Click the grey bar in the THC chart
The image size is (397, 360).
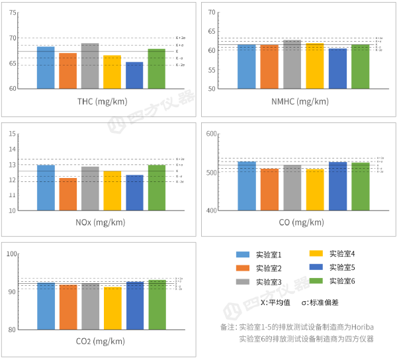point(90,66)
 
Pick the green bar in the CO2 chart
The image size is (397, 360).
point(157,304)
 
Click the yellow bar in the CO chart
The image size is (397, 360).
point(315,190)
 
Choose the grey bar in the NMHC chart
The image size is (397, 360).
point(292,64)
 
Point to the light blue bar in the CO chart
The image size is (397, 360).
point(247,186)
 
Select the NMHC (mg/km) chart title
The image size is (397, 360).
point(300,101)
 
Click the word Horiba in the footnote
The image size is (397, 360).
point(363,327)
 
